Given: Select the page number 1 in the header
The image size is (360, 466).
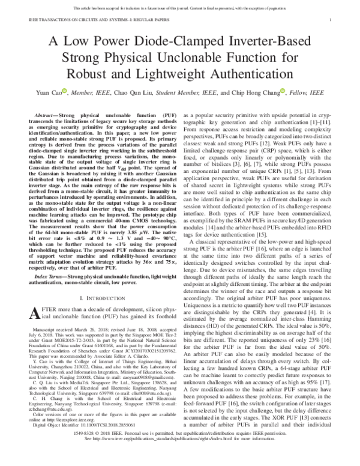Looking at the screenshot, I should pos(331,19).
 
